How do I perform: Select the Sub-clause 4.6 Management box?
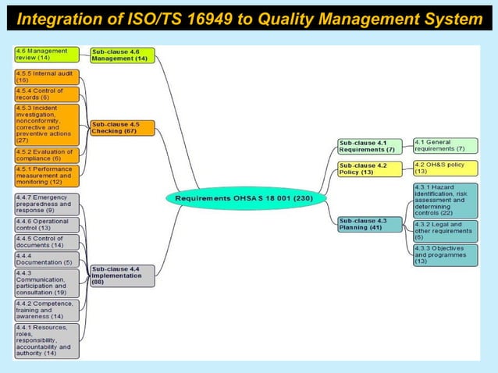pos(123,55)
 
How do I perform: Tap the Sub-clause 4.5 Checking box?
pos(123,127)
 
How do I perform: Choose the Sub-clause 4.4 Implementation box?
pos(123,275)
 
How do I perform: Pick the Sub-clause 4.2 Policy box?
pos(369,169)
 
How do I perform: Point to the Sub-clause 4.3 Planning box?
pos(369,224)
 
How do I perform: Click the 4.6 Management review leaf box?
pos(47,54)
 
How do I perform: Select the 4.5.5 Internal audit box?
pos(47,76)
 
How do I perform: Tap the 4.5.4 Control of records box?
pos(47,94)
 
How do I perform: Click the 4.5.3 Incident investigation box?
pos(47,124)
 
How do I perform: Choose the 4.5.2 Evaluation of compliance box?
pos(47,155)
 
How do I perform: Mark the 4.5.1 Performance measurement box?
pos(47,176)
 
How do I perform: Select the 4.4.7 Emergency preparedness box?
pos(47,204)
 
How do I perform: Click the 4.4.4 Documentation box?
pos(47,259)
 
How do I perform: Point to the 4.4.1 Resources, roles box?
pos(47,340)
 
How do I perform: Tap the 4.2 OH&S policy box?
pos(445,168)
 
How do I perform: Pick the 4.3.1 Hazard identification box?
pos(445,201)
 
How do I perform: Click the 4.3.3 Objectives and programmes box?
pos(445,254)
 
